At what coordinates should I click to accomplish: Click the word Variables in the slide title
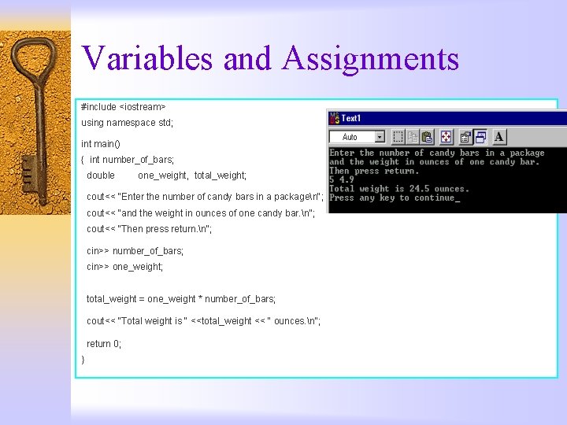(146, 58)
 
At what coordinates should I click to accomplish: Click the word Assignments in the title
(370, 58)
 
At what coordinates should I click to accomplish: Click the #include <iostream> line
(124, 107)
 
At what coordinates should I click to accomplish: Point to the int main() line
(101, 144)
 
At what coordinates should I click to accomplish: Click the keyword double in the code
(101, 176)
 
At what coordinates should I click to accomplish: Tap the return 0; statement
(104, 344)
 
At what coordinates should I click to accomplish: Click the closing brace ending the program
(83, 360)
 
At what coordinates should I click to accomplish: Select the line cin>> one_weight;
(125, 267)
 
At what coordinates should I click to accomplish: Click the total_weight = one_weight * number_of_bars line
(181, 299)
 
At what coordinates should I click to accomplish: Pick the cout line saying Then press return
(150, 229)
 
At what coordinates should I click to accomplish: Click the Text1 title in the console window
(351, 118)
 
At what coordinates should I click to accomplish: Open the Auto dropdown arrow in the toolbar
(380, 137)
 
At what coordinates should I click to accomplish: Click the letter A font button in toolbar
(499, 136)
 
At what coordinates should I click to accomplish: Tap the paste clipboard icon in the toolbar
(427, 136)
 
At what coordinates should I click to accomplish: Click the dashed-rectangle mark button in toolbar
(398, 136)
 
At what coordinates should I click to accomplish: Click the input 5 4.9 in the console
(342, 180)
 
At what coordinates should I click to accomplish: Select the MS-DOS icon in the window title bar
(334, 118)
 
